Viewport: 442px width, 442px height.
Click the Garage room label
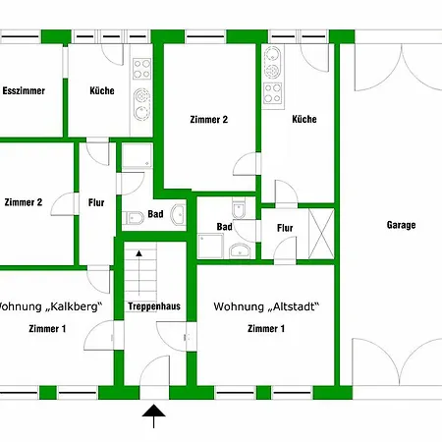(x=401, y=225)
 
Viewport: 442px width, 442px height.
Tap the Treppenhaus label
(x=154, y=306)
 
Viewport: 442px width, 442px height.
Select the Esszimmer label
(x=24, y=90)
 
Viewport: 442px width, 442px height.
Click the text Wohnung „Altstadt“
(x=266, y=306)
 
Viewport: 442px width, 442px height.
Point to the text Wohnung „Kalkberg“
(x=50, y=306)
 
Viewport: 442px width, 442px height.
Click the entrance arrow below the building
(x=153, y=415)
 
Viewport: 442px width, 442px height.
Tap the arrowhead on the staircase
(x=139, y=253)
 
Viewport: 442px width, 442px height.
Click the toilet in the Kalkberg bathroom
(x=134, y=218)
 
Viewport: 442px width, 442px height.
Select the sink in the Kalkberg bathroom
(x=179, y=214)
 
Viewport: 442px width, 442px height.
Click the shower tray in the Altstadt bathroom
(x=210, y=246)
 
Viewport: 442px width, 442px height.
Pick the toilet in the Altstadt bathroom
(x=239, y=208)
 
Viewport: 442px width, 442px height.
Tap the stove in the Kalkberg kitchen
(x=142, y=69)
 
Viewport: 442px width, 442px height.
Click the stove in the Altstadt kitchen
(x=273, y=93)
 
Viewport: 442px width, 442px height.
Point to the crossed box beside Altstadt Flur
(x=321, y=234)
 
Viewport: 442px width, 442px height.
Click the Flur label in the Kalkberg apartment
(x=96, y=202)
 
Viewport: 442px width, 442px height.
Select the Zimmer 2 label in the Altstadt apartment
(x=209, y=120)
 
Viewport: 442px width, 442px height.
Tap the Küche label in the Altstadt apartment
(x=304, y=119)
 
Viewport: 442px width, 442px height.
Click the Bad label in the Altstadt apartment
(x=225, y=227)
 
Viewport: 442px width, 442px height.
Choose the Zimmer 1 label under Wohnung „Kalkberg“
(x=47, y=328)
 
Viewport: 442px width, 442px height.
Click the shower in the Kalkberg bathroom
(x=138, y=155)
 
